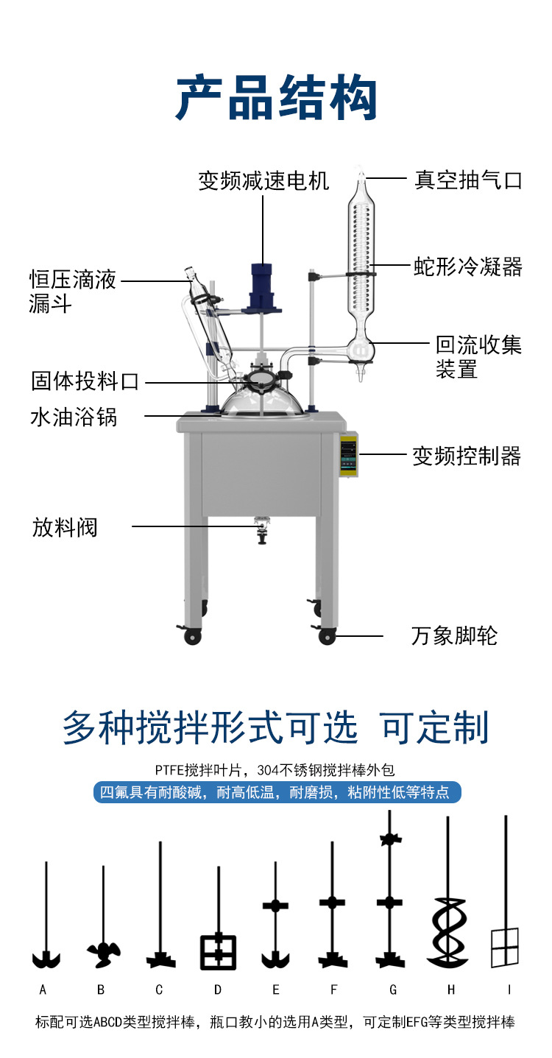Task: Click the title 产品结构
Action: (x=276, y=98)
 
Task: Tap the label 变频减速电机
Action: (x=263, y=180)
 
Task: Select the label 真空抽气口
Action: (x=468, y=180)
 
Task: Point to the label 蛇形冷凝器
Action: (x=468, y=266)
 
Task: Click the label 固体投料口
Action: (x=85, y=381)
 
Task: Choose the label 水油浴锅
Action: (x=74, y=417)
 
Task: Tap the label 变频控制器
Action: (x=467, y=456)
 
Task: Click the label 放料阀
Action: (x=65, y=527)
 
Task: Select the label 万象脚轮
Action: (x=454, y=635)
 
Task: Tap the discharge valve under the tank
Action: (x=261, y=529)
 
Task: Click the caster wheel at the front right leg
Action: (x=327, y=635)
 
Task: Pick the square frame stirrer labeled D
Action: (x=219, y=951)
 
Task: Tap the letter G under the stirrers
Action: (x=393, y=990)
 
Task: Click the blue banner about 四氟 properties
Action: (x=276, y=793)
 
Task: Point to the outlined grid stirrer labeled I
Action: (x=505, y=947)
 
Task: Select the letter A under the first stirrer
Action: (x=43, y=990)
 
